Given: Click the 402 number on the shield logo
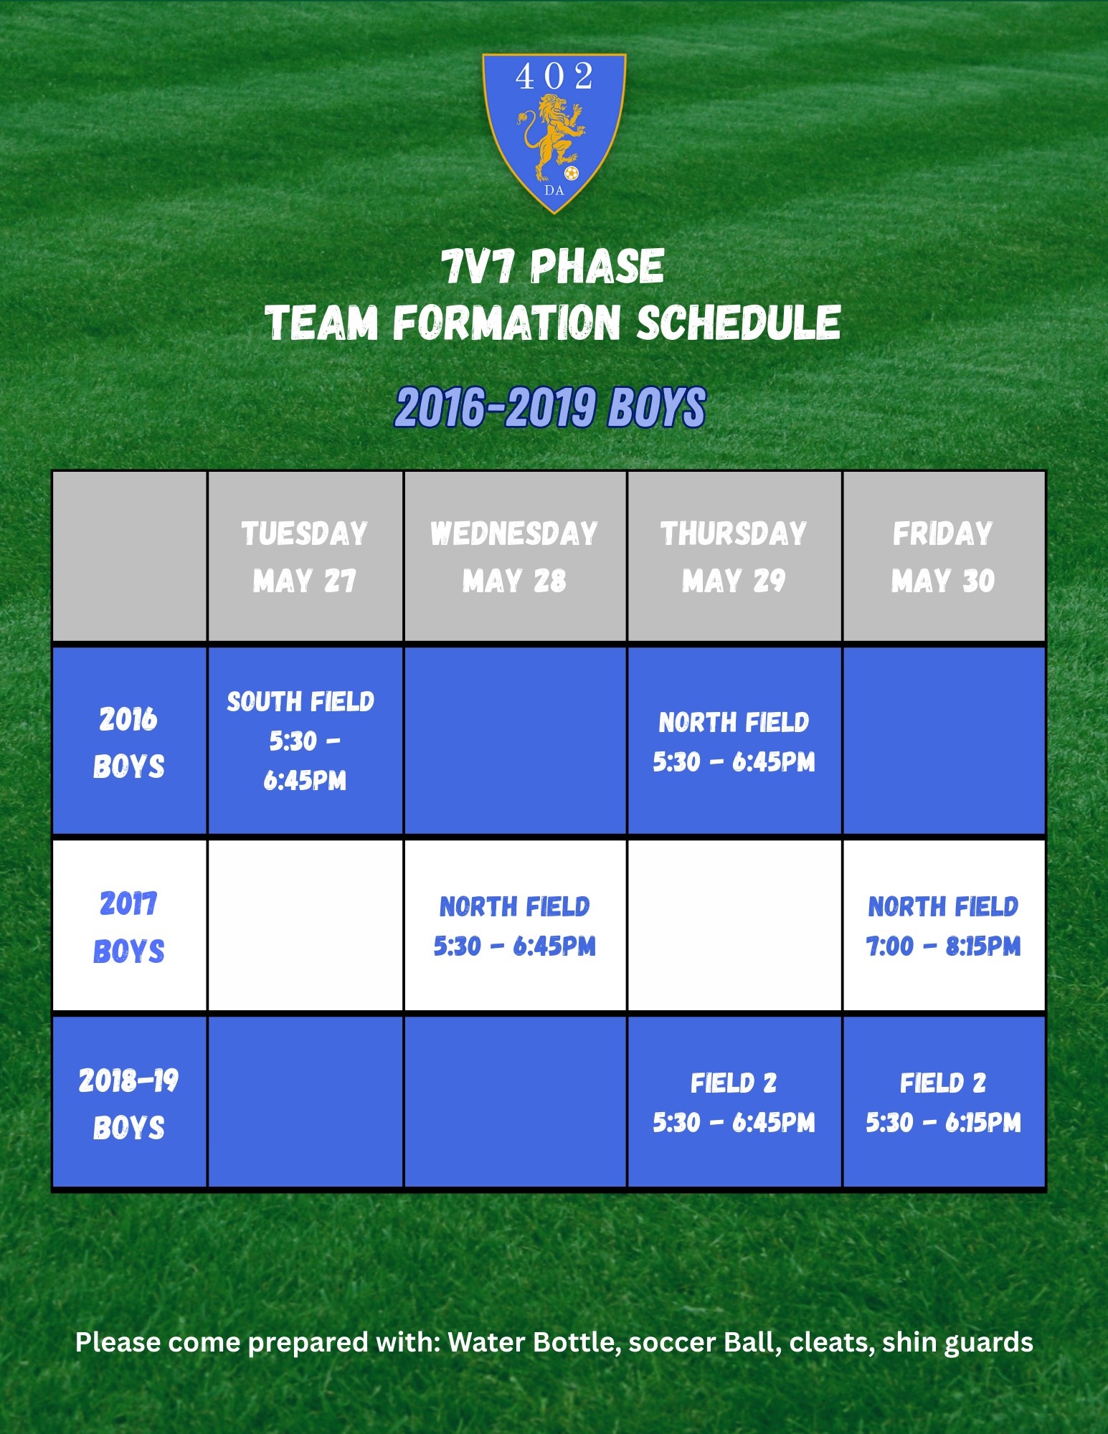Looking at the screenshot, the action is (x=554, y=76).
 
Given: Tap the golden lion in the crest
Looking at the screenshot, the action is (x=551, y=138).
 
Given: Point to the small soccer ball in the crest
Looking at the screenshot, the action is (x=571, y=173).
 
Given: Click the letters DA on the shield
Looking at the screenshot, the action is (x=554, y=191).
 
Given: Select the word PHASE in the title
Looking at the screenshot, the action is (x=597, y=267).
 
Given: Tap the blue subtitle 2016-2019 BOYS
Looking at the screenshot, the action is (x=551, y=407).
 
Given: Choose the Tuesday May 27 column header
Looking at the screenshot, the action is (x=305, y=556).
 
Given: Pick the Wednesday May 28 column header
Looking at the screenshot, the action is (x=515, y=556).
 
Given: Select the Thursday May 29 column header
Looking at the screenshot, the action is (x=734, y=556).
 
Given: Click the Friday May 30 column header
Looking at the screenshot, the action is (x=943, y=556).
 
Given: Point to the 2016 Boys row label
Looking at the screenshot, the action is (x=129, y=742).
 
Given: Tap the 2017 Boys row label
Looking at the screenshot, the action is (x=129, y=927).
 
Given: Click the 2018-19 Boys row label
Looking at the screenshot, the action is (x=129, y=1103).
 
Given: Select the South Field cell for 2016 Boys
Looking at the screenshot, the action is (x=305, y=741).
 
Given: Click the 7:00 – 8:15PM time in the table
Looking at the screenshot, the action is (x=943, y=946).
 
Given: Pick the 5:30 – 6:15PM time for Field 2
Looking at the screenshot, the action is (x=943, y=1123).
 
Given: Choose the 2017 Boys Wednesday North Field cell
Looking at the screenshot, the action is (x=515, y=926).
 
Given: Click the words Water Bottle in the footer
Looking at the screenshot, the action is (x=534, y=1342).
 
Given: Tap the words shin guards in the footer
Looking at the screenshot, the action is (x=957, y=1342).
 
